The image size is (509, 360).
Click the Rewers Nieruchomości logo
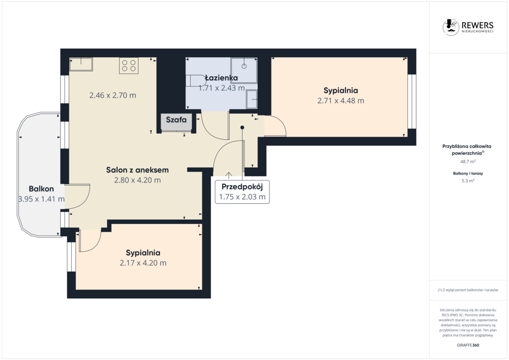468,27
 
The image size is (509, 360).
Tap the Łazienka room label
221,78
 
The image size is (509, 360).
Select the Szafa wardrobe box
176,122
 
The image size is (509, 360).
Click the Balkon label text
41,188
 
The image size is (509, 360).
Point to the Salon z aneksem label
137,170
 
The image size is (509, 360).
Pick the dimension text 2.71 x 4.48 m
341,100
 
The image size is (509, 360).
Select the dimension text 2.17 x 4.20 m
143,263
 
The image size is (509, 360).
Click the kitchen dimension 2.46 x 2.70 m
113,95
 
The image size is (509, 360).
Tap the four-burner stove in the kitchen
129,66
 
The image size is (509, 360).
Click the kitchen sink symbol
81,64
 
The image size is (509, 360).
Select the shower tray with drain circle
244,71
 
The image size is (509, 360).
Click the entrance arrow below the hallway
229,176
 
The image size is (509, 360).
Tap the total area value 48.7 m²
468,161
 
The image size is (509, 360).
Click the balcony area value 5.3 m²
468,181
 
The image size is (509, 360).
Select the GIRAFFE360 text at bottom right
468,345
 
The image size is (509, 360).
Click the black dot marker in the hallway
242,128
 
